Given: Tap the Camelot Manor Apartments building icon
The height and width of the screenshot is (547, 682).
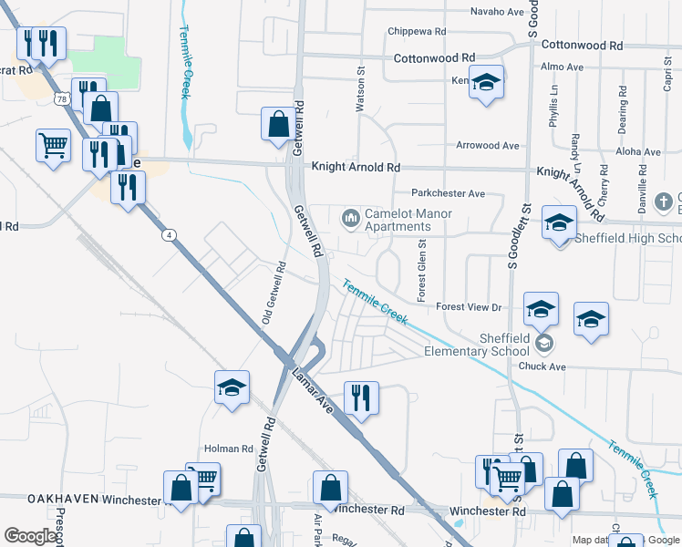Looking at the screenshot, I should click(350, 218).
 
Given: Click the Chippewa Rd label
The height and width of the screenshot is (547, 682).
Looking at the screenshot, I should click(416, 31).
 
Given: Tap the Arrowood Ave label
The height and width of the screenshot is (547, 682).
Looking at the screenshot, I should click(488, 146).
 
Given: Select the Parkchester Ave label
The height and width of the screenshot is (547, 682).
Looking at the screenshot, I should click(448, 193).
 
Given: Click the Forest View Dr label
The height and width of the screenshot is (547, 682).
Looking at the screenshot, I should click(470, 307).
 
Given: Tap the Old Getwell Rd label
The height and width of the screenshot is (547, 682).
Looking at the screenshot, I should click(274, 294).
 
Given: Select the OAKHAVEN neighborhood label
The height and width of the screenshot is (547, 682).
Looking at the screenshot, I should click(62, 500).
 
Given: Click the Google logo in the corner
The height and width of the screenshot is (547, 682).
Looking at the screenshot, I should click(30, 536).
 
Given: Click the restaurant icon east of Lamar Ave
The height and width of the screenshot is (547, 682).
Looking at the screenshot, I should click(361, 397).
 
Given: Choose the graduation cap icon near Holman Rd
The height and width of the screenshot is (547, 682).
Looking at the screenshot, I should click(232, 387).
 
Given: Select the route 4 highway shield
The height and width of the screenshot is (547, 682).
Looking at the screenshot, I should click(169, 235).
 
